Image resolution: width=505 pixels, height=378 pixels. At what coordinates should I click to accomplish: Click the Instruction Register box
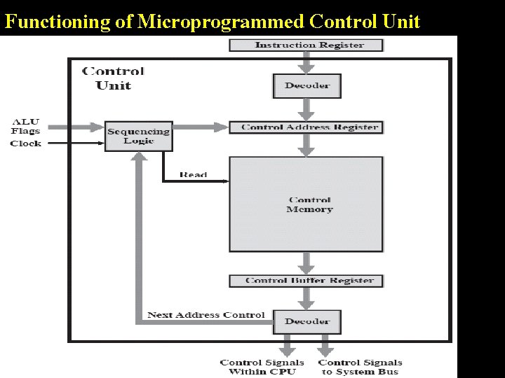tap(307, 45)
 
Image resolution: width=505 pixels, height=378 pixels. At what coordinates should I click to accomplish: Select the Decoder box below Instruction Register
tap(307, 85)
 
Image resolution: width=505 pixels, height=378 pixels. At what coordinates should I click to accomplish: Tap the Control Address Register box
tap(307, 127)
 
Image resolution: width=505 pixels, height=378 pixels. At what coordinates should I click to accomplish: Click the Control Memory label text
tap(309, 204)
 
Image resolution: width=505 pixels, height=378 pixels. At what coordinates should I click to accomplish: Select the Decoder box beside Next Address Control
tap(307, 321)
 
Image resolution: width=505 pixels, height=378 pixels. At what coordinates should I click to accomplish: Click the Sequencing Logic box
tap(138, 136)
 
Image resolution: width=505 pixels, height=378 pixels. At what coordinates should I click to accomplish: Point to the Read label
tap(193, 174)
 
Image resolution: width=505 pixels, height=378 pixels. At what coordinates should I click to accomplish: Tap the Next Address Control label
tap(206, 315)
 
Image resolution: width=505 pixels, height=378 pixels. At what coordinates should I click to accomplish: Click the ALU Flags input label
tap(25, 126)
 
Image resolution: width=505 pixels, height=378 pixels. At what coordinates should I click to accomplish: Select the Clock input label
tap(25, 143)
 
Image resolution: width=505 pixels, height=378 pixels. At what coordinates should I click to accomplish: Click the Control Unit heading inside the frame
tap(113, 78)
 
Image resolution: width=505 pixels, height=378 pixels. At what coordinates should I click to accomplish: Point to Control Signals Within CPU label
tap(262, 367)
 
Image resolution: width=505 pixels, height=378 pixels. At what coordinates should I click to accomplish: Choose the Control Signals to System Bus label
tap(360, 367)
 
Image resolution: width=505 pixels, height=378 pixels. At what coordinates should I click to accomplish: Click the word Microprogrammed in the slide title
tap(222, 22)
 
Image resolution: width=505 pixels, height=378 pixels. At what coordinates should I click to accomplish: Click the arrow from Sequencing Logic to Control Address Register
tap(200, 127)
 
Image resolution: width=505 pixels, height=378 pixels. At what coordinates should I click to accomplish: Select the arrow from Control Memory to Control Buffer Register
tap(306, 263)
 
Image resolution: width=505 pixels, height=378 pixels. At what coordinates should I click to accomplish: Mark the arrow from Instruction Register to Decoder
tap(306, 62)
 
